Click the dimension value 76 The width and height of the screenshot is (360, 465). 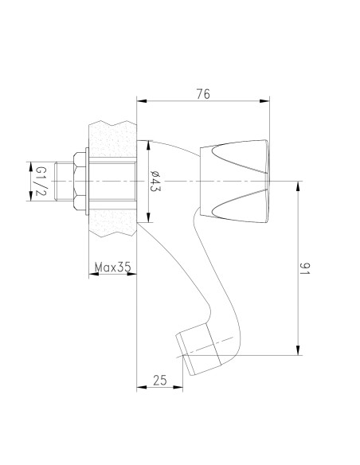coord(203,94)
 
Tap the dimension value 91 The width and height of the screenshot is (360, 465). coord(304,268)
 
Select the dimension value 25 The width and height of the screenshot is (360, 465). coord(160,380)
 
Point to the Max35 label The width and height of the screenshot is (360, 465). coord(112,268)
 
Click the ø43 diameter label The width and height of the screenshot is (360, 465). coord(155,182)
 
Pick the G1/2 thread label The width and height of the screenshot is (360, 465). coord(41,182)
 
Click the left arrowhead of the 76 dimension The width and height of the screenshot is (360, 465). coord(142,101)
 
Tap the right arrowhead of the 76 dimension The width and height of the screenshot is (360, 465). coord(264,101)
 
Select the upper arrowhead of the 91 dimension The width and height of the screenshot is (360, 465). coord(298,186)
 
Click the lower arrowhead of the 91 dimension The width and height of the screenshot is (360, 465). coord(298,350)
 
